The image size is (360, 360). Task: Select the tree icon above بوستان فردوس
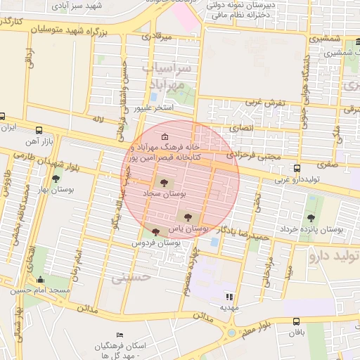pos(155,232)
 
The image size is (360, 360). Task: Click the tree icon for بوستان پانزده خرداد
pos(311,219)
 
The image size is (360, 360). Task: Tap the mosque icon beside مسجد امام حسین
pos(39,280)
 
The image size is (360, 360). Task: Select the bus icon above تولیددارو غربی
pos(297,169)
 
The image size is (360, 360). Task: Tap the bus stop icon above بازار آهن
pos(39,130)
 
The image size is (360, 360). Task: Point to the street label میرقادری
pos(155,34)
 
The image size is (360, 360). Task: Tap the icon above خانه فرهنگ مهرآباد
pos(165,136)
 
